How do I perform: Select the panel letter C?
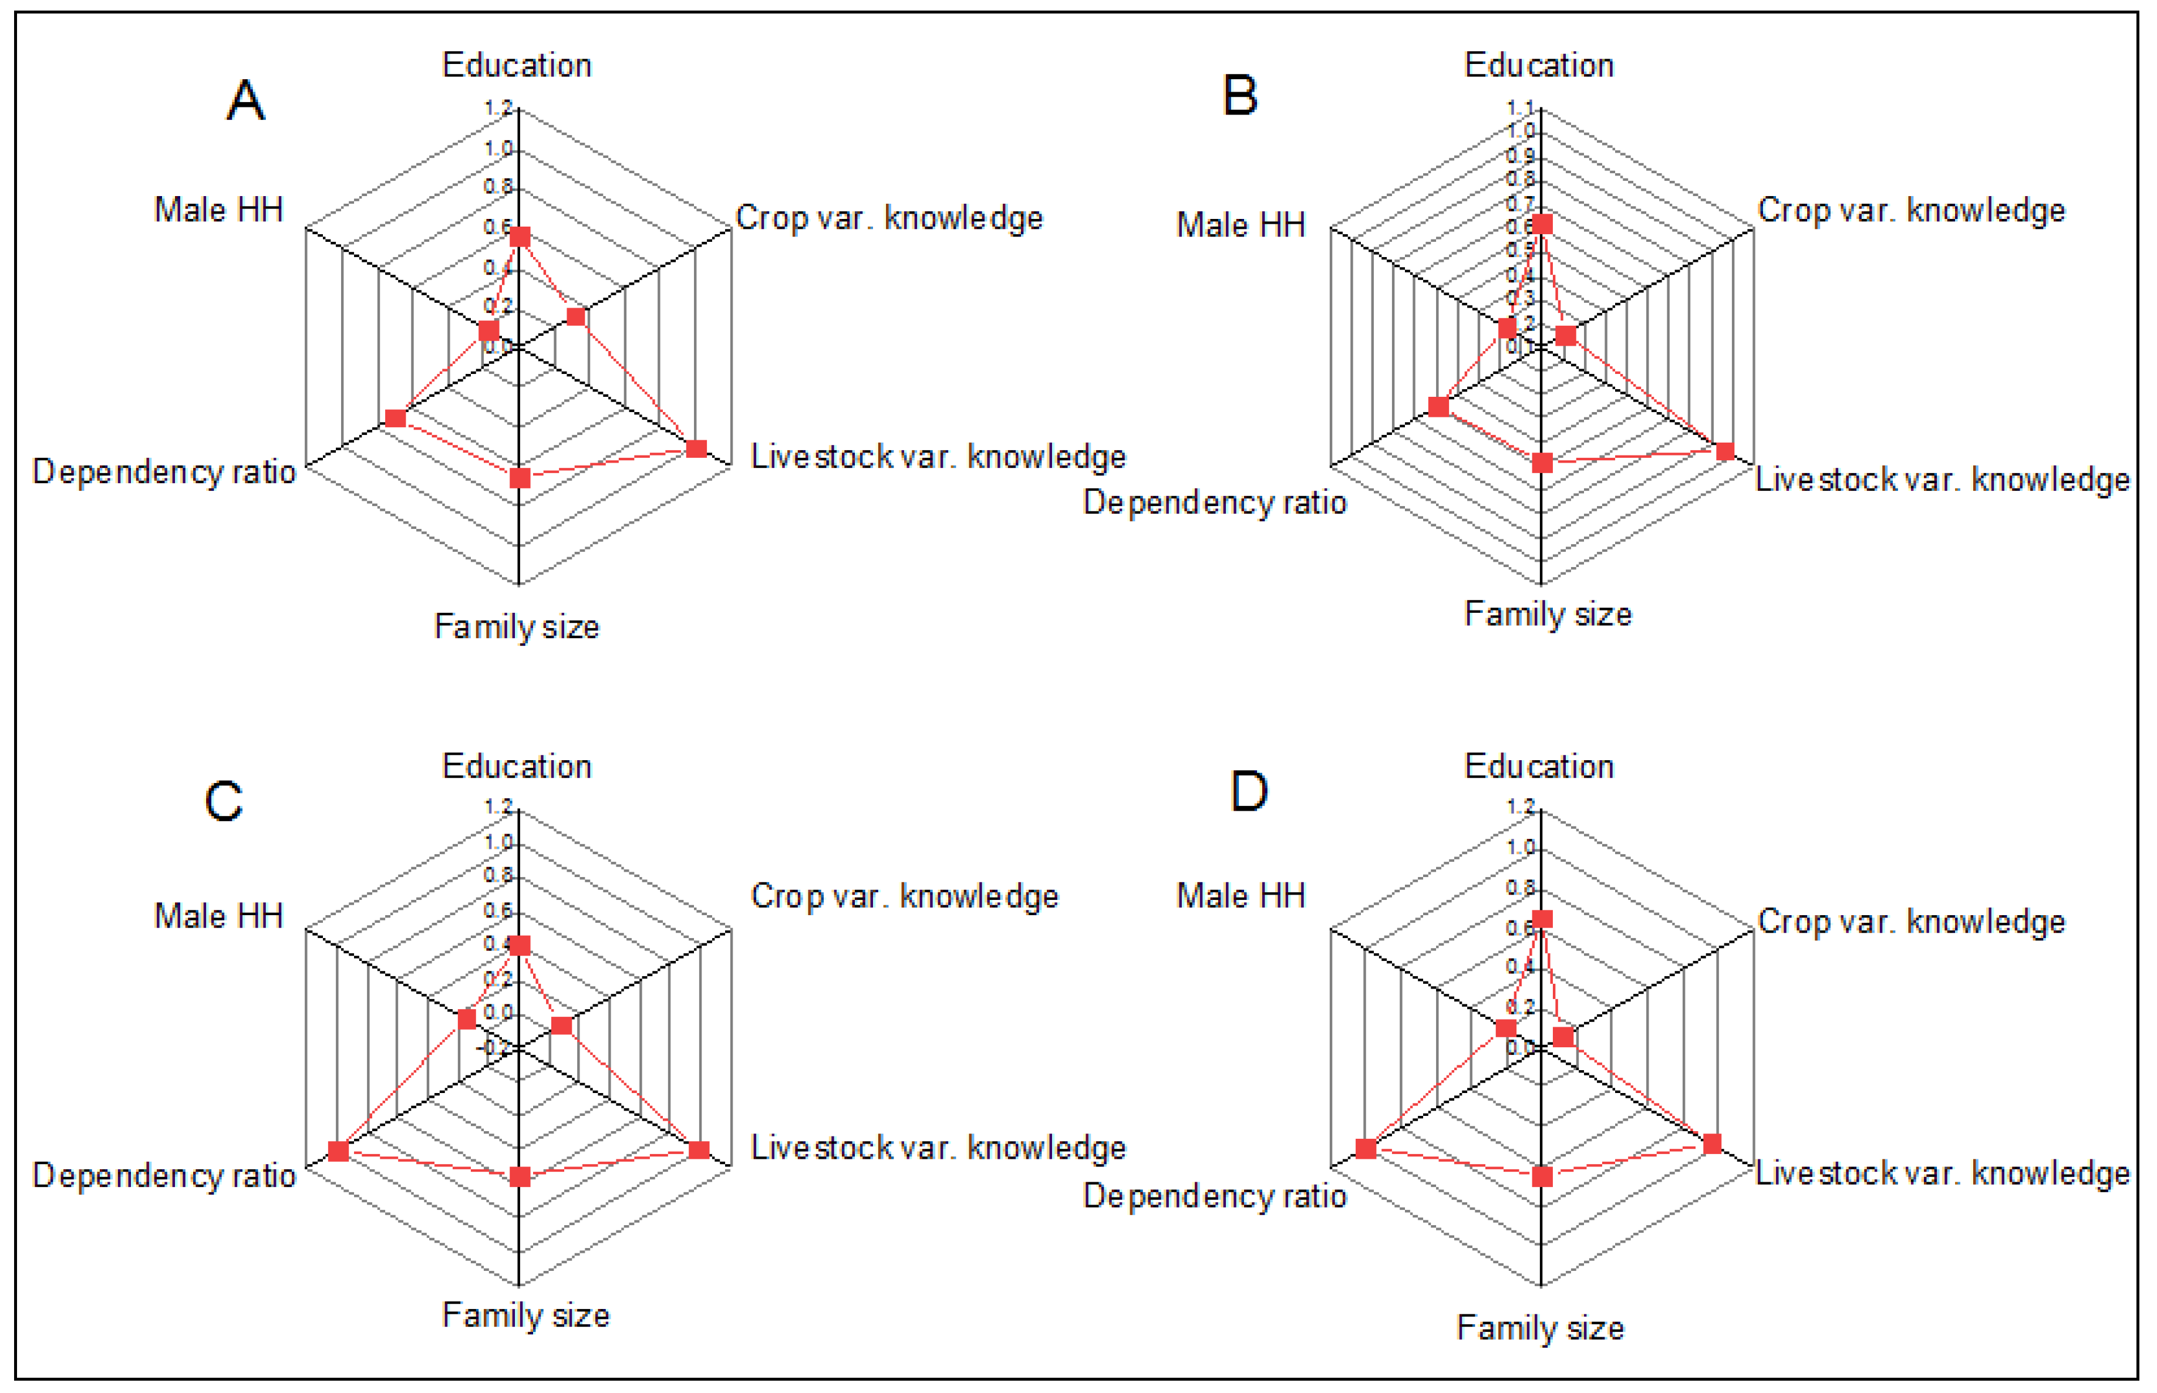(x=223, y=801)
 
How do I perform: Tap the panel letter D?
(x=1249, y=791)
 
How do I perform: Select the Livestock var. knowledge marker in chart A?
(x=696, y=448)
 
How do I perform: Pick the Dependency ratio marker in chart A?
(x=395, y=418)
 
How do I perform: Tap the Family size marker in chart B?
(x=1542, y=463)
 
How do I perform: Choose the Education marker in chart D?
(x=1542, y=920)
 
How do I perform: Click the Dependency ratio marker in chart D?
(x=1366, y=1149)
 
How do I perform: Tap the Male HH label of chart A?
(x=219, y=210)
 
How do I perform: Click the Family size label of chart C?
(x=525, y=1315)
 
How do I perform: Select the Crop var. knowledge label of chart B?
(x=1911, y=210)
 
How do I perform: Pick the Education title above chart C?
(x=517, y=766)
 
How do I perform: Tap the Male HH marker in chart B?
(x=1506, y=328)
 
